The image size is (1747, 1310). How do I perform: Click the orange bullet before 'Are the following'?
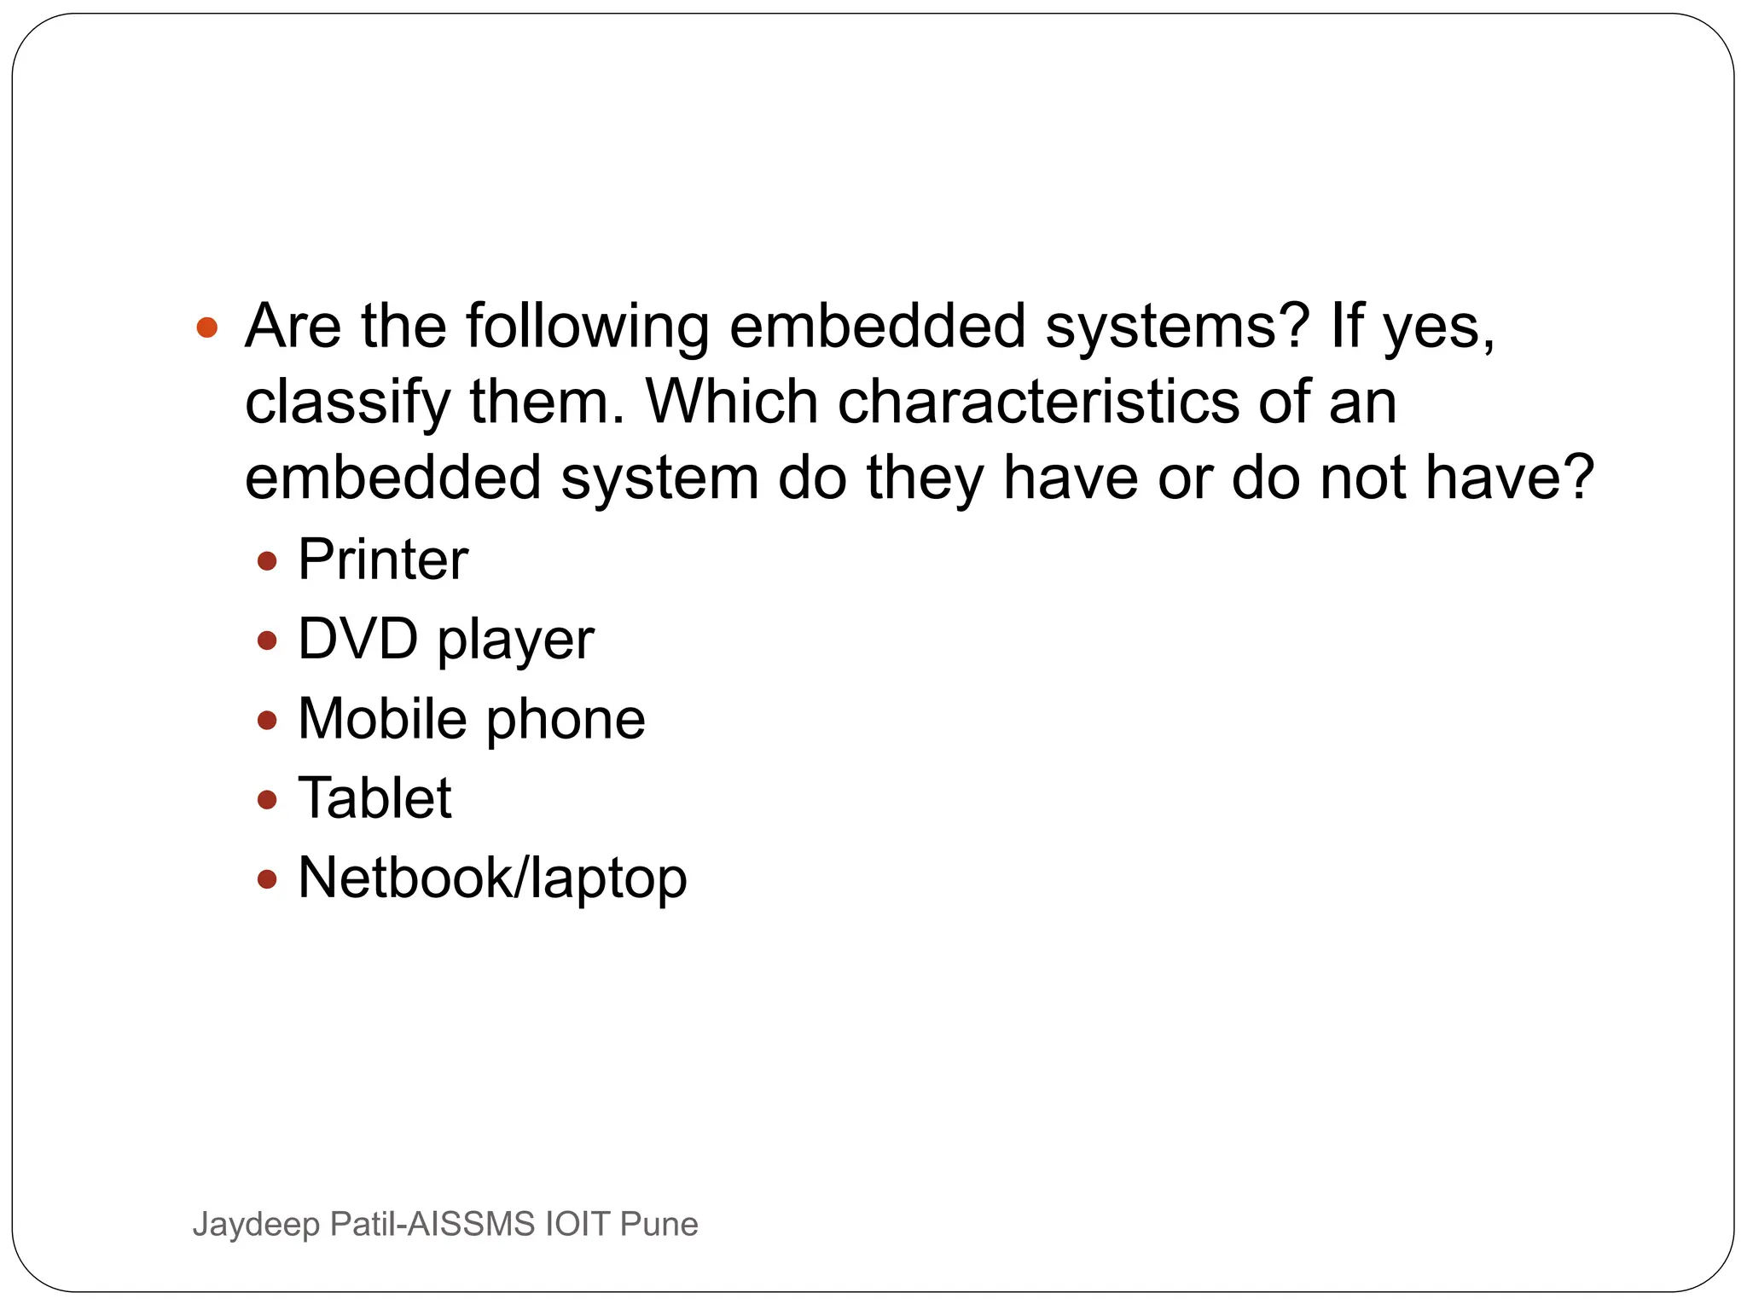point(207,327)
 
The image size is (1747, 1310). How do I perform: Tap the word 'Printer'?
point(383,560)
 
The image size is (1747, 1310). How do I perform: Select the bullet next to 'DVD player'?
point(267,641)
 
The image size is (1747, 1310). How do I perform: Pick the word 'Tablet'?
point(374,799)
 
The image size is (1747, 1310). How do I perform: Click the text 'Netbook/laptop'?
point(492,878)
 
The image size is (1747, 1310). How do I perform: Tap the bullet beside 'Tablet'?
point(267,800)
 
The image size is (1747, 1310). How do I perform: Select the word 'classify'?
point(347,403)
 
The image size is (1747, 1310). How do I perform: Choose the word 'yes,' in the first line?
point(1439,327)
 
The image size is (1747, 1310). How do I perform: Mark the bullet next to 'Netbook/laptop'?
point(267,879)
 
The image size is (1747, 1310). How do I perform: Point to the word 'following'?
point(587,327)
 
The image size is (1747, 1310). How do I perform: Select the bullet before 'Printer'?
point(267,561)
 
